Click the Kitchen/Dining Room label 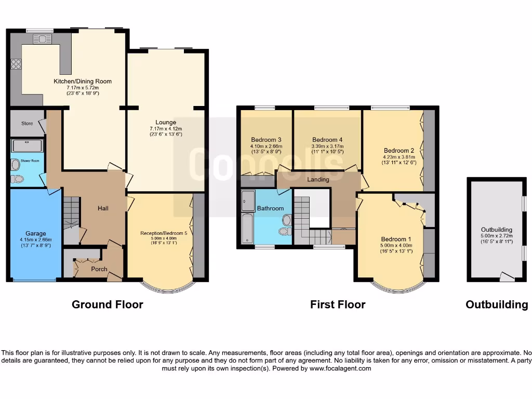83,81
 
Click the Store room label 27,124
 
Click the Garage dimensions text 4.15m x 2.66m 36,240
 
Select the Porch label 99,269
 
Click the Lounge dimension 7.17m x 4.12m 166,129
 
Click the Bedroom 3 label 266,140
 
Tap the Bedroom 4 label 327,140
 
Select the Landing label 318,180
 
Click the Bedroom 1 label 396,239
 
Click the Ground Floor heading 107,304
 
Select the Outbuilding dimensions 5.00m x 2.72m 497,236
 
